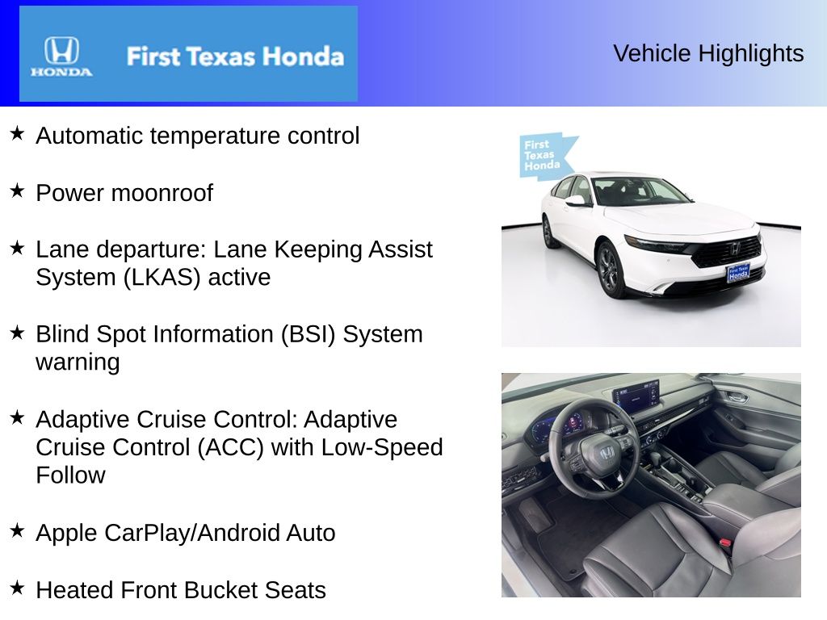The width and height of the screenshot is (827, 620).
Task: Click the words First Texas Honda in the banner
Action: [235, 57]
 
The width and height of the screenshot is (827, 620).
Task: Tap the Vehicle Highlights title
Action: [708, 53]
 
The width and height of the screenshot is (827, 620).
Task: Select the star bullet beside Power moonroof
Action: [17, 191]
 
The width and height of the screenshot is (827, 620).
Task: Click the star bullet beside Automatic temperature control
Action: [17, 133]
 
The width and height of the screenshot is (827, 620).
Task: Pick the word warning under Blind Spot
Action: [78, 362]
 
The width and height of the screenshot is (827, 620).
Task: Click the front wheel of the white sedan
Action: [608, 268]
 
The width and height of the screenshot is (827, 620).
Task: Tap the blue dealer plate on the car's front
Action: [738, 273]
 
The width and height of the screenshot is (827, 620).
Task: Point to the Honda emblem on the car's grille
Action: [734, 247]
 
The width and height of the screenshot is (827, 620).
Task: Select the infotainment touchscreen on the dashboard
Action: [636, 396]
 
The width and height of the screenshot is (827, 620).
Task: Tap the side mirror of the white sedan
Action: [575, 200]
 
